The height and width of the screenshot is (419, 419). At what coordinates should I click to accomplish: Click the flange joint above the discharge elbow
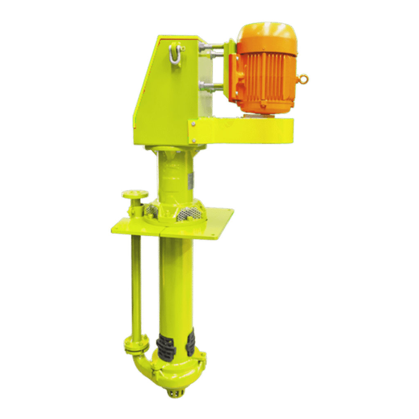click(x=137, y=344)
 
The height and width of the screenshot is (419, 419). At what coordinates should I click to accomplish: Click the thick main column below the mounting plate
click(x=176, y=286)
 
